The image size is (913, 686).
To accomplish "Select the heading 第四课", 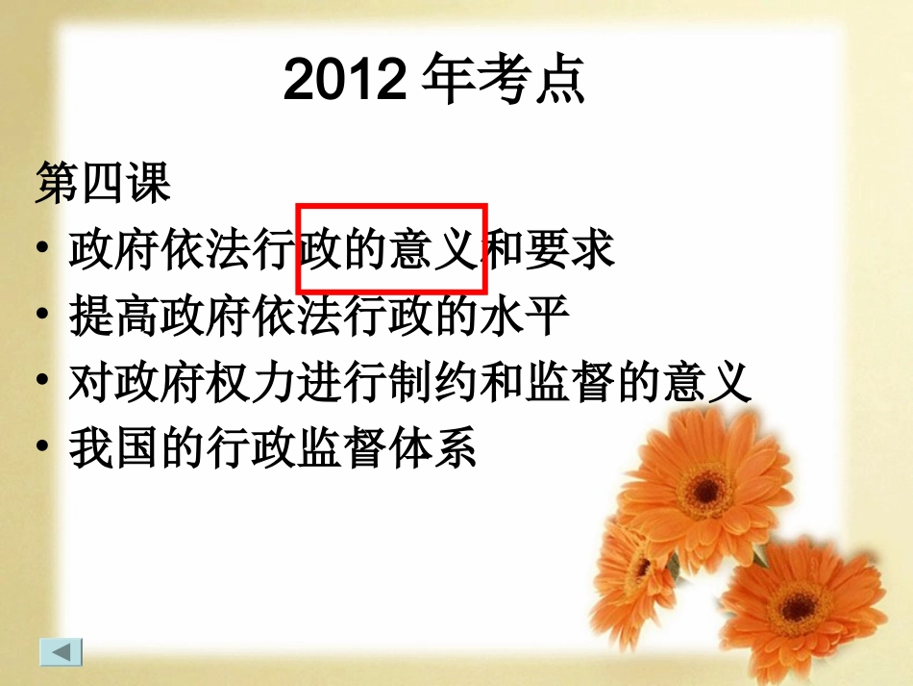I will pyautogui.click(x=103, y=183).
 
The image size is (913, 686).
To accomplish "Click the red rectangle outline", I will pyautogui.click(x=392, y=206).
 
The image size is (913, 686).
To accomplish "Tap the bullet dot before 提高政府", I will pyautogui.click(x=41, y=317).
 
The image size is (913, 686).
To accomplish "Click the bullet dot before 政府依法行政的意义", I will pyautogui.click(x=41, y=250).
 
